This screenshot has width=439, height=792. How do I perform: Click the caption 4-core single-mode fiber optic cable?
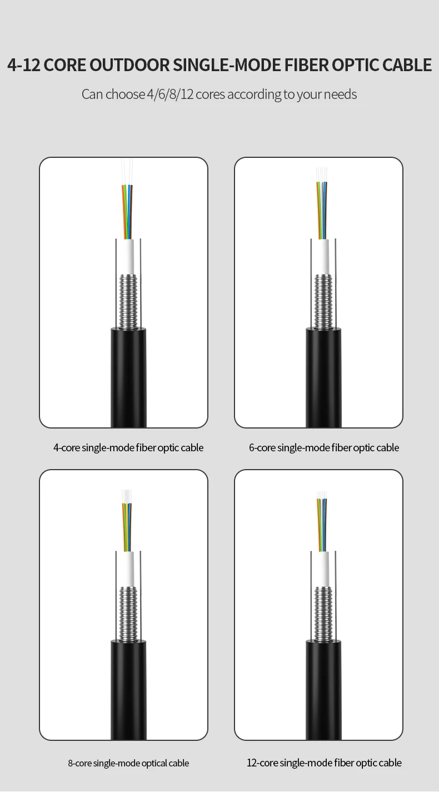tap(128, 447)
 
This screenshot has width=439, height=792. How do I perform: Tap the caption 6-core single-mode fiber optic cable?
tap(324, 447)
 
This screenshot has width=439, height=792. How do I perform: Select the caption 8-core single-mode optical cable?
tap(128, 763)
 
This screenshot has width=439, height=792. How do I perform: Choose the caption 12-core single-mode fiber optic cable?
tap(324, 763)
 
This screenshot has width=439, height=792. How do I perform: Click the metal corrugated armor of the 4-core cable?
tap(128, 301)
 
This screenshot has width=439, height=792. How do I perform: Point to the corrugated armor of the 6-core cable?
tap(323, 301)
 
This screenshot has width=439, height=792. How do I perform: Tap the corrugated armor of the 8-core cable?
tap(128, 613)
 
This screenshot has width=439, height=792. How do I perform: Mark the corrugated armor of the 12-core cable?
tap(323, 613)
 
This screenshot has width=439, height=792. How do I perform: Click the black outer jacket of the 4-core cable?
tap(128, 378)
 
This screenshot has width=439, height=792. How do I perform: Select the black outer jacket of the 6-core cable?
tap(323, 378)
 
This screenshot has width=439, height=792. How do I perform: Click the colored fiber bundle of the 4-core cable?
tap(127, 211)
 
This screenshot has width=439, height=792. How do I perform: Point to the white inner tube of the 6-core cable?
tap(323, 256)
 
